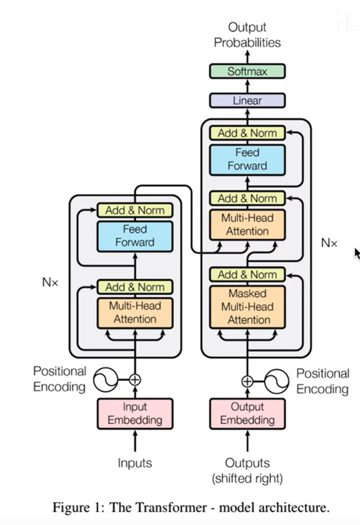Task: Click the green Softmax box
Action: click(x=247, y=71)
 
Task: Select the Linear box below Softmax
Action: click(x=247, y=100)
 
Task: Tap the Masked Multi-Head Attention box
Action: click(x=247, y=306)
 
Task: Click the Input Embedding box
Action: click(x=135, y=413)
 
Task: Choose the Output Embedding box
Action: click(x=247, y=413)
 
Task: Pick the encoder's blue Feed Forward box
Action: click(x=135, y=236)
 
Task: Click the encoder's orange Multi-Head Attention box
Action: click(x=135, y=313)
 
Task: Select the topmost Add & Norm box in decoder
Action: click(x=247, y=133)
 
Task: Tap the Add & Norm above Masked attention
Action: click(x=247, y=274)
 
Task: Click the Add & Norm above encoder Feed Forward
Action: click(x=135, y=210)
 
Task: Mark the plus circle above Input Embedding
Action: click(x=135, y=379)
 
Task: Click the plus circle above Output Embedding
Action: click(x=247, y=381)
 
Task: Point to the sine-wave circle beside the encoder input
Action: click(x=106, y=380)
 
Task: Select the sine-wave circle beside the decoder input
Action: click(x=276, y=381)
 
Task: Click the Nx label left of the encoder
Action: click(x=50, y=282)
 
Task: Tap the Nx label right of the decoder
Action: click(x=329, y=243)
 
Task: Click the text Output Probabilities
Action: click(x=247, y=35)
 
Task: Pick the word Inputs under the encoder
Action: click(x=135, y=463)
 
